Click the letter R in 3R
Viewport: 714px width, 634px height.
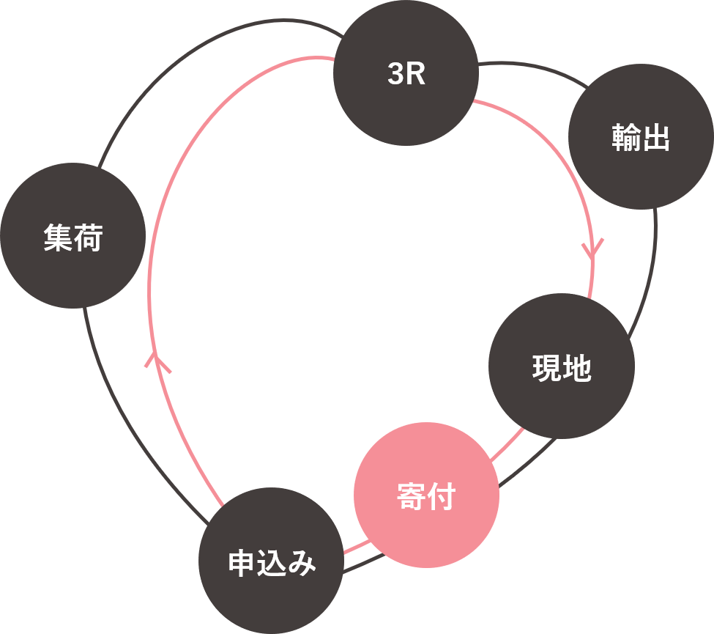click(416, 75)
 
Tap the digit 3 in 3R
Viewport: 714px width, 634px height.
click(396, 75)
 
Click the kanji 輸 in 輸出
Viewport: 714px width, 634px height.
click(626, 139)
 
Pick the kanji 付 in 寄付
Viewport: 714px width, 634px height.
click(441, 497)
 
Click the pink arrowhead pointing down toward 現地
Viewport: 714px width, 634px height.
click(592, 249)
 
